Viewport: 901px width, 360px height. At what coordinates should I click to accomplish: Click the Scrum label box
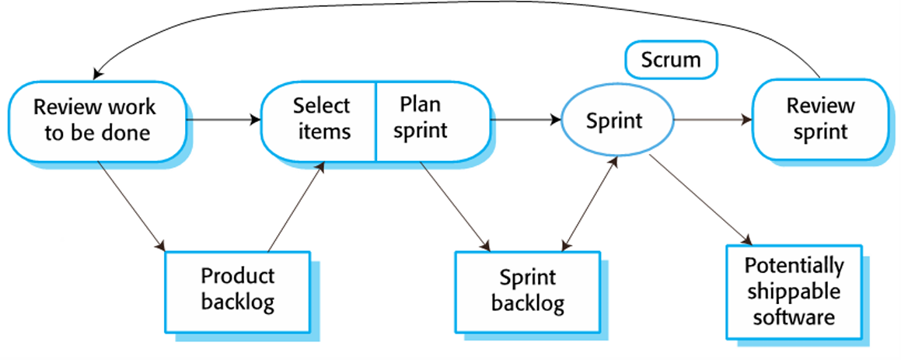670,60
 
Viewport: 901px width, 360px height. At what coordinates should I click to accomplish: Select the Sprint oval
614,121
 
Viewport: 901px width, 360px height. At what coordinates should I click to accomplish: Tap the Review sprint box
820,119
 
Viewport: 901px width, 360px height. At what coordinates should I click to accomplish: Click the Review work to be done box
97,120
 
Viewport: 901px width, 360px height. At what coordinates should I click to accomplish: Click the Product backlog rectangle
237,289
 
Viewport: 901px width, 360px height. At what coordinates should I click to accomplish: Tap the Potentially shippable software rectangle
793,291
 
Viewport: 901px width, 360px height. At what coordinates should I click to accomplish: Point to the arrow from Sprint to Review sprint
711,120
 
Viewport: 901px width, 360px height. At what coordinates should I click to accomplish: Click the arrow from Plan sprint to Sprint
525,120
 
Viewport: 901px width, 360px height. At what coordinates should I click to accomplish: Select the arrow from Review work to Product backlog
131,205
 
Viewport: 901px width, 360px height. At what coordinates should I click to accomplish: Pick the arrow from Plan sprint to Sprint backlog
455,205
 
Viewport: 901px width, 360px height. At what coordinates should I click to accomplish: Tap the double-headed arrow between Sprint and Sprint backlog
588,204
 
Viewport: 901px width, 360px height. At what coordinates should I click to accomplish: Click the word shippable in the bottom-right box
793,291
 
